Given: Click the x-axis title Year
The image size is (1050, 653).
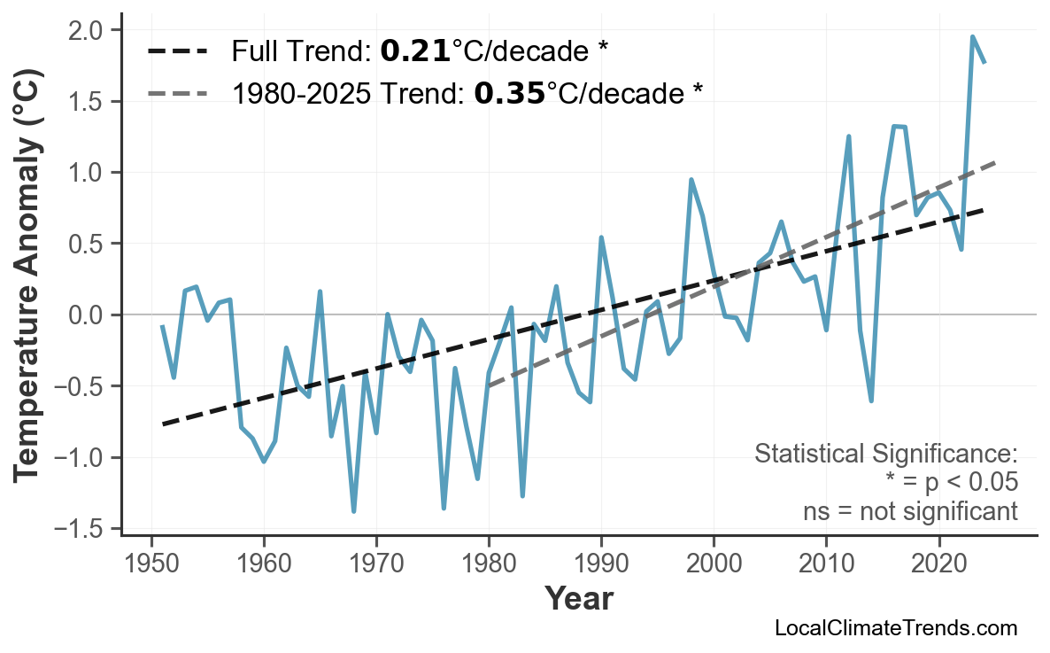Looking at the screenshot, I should click(x=578, y=599).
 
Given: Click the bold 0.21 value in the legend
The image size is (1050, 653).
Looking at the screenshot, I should click(x=414, y=51).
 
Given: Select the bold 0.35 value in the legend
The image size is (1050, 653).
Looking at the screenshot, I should click(x=509, y=92).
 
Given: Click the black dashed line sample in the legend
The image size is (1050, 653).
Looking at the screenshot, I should click(x=177, y=51).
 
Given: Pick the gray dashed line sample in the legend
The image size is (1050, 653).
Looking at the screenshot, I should click(x=177, y=92).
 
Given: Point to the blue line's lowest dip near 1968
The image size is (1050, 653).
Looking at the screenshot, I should click(x=353, y=511).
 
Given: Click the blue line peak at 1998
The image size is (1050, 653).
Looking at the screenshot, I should click(x=691, y=180).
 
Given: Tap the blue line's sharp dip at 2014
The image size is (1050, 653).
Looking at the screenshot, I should click(x=871, y=400).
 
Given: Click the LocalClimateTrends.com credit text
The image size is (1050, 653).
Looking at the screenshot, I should click(x=895, y=628).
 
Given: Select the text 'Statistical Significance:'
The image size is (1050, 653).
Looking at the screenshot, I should click(x=885, y=455).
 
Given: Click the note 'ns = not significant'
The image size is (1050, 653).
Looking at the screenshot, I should click(x=910, y=511).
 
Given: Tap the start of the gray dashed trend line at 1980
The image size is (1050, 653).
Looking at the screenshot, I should click(x=489, y=386).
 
